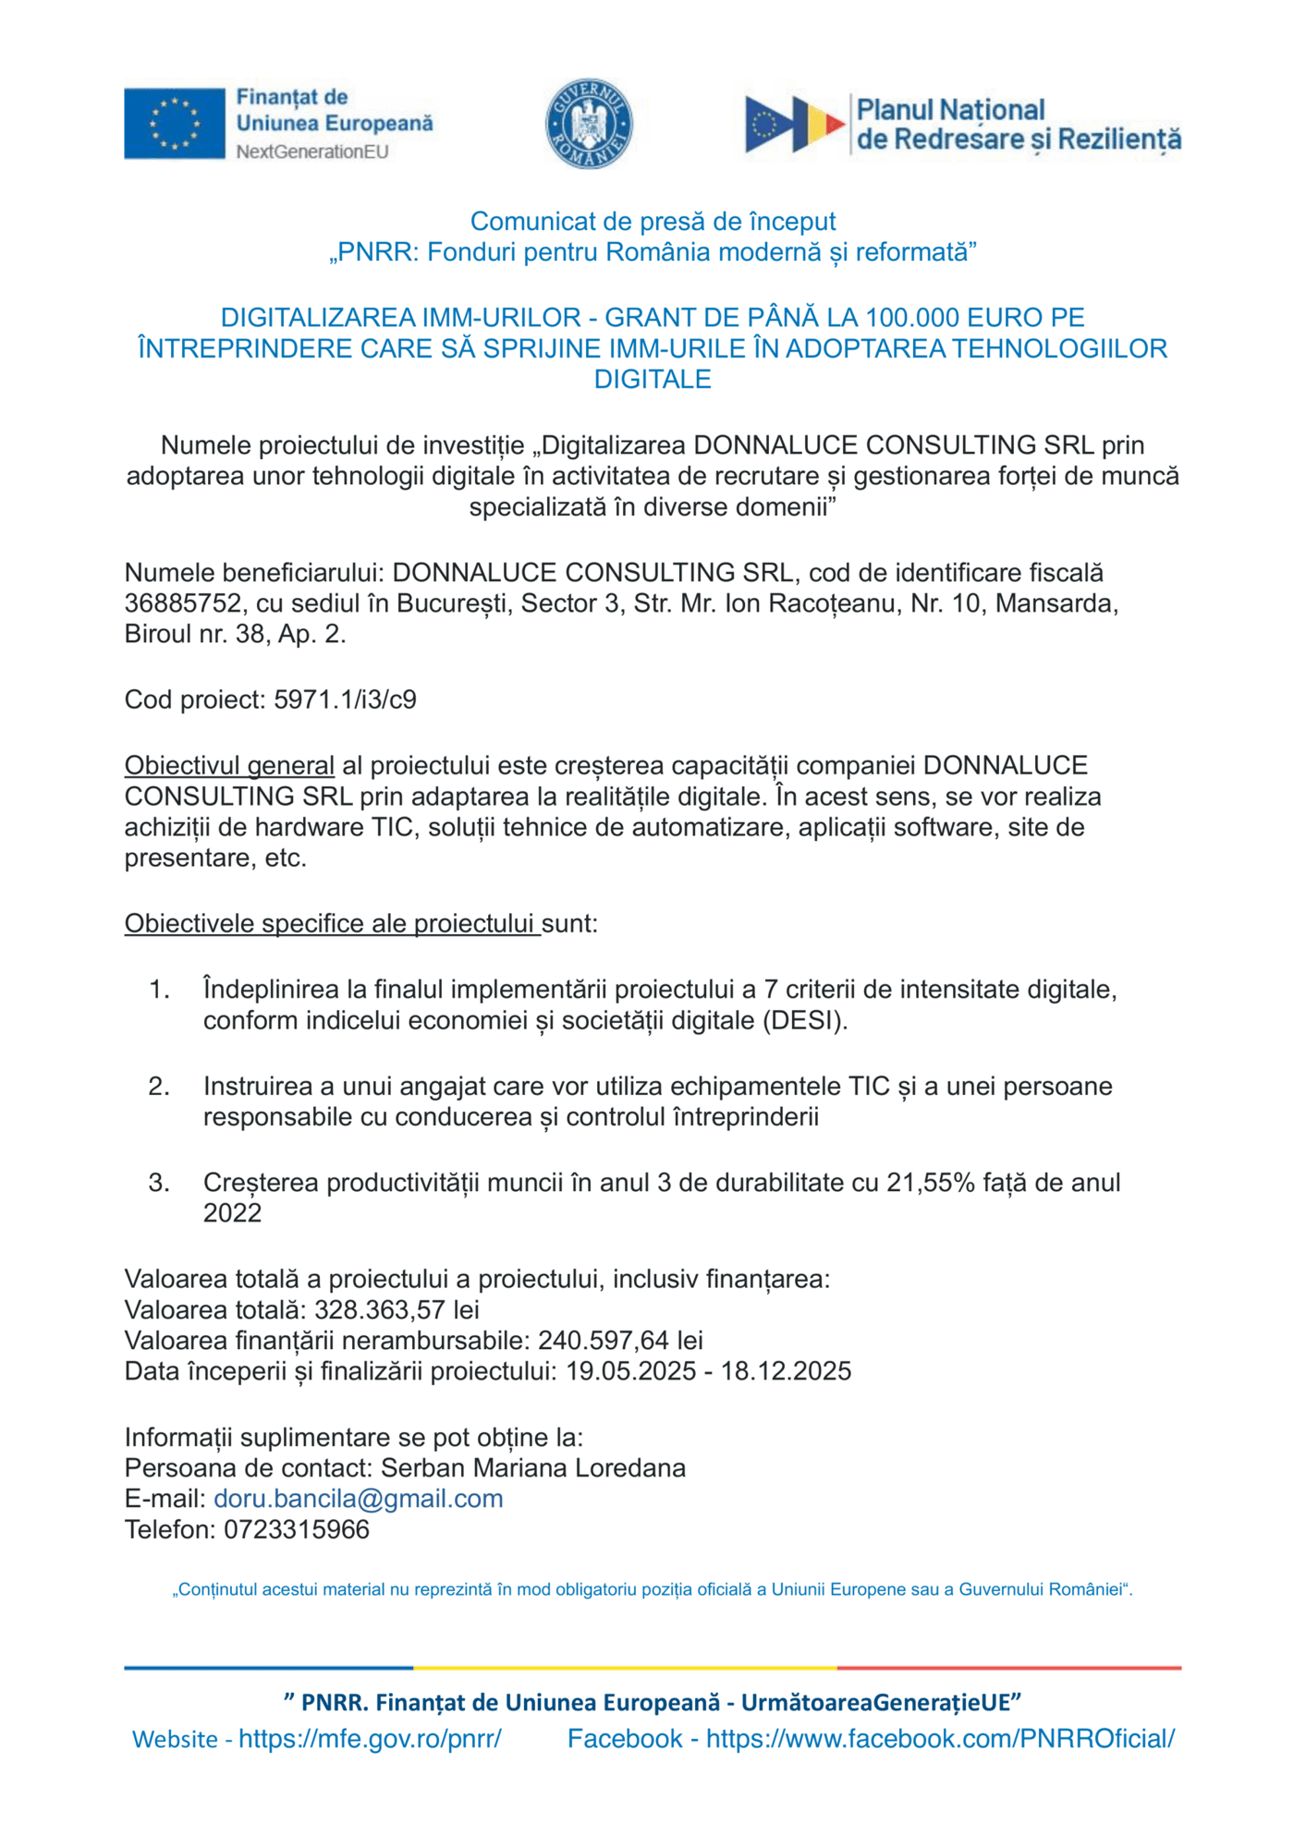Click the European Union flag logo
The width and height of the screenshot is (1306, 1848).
[x=175, y=124]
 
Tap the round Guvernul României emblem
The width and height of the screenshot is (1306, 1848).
[x=589, y=123]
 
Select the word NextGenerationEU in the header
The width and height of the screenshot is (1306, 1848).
[x=312, y=152]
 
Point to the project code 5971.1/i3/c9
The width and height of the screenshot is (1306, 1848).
[x=345, y=699]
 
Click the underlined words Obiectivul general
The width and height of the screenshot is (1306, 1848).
[x=229, y=765]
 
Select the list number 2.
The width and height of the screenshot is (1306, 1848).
[x=159, y=1086]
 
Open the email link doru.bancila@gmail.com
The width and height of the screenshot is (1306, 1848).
[x=358, y=1498]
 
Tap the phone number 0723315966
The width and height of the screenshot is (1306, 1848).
[x=297, y=1529]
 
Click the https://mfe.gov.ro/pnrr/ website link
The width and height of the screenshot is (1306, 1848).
[x=370, y=1738]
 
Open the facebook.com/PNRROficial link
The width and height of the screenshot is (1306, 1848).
[x=940, y=1738]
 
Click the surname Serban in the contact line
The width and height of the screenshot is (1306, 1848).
[x=422, y=1467]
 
